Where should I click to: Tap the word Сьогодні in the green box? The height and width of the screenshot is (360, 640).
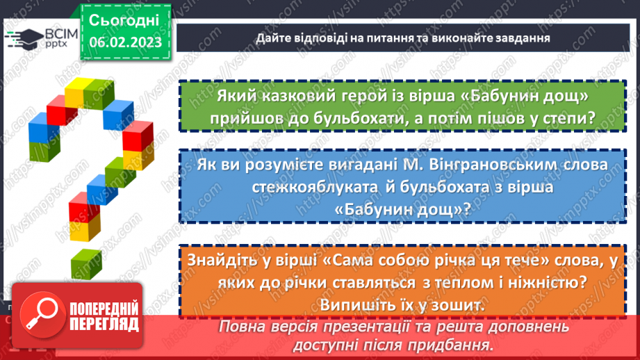[x=124, y=19]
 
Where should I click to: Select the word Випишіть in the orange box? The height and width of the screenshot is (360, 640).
[x=351, y=305]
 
